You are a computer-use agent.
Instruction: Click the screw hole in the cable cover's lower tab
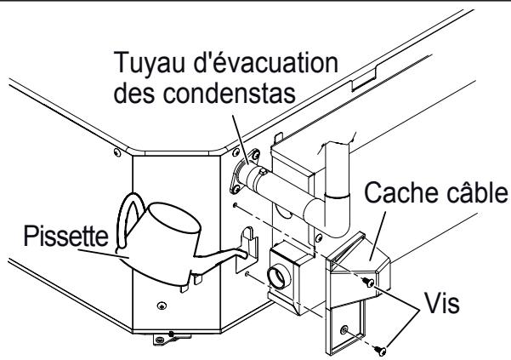[x=344, y=329]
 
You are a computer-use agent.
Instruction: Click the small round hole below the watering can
[x=161, y=303]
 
